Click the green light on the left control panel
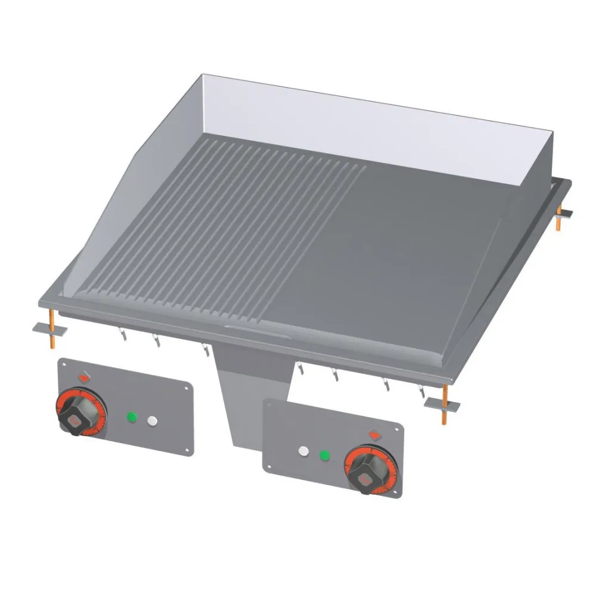tap(131, 418)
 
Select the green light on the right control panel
tap(324, 456)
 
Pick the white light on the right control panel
tap(303, 452)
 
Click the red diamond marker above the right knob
tap(375, 435)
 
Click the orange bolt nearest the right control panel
tap(444, 405)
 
